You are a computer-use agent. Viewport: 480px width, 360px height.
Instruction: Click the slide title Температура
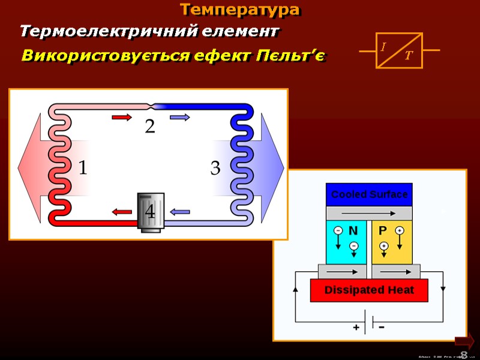239,10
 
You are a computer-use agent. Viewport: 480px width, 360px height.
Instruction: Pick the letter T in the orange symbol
409,56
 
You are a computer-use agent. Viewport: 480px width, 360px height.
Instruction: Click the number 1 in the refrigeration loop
82,168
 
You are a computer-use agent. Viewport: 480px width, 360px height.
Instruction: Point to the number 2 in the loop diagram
149,127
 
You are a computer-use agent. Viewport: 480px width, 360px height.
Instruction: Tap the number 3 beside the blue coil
215,169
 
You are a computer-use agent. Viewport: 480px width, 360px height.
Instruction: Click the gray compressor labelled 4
150,212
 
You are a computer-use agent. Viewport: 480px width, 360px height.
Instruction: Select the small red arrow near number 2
121,118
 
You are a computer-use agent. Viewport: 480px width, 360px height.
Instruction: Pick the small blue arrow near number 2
179,118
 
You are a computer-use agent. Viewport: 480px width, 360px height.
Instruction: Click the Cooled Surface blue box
369,194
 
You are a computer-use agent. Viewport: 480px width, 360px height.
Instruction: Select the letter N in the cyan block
353,230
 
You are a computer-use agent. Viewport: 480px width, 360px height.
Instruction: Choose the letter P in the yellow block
382,230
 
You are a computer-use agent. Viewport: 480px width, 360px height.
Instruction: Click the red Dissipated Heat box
369,290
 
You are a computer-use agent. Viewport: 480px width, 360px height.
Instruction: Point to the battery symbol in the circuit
370,322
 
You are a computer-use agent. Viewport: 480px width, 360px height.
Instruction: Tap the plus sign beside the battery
356,328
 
